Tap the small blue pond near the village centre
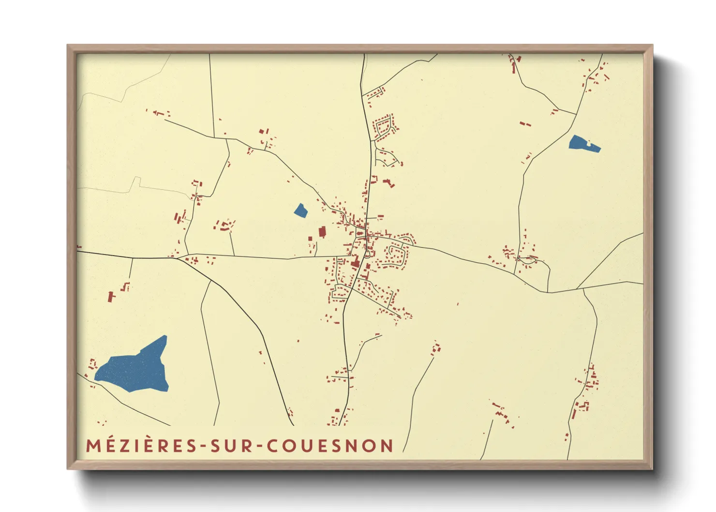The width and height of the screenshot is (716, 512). [x=300, y=211]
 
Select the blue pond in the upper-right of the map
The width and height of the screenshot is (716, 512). [x=583, y=144]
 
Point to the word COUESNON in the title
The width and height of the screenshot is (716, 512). [x=330, y=446]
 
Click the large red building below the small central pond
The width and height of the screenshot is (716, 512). [x=322, y=232]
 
